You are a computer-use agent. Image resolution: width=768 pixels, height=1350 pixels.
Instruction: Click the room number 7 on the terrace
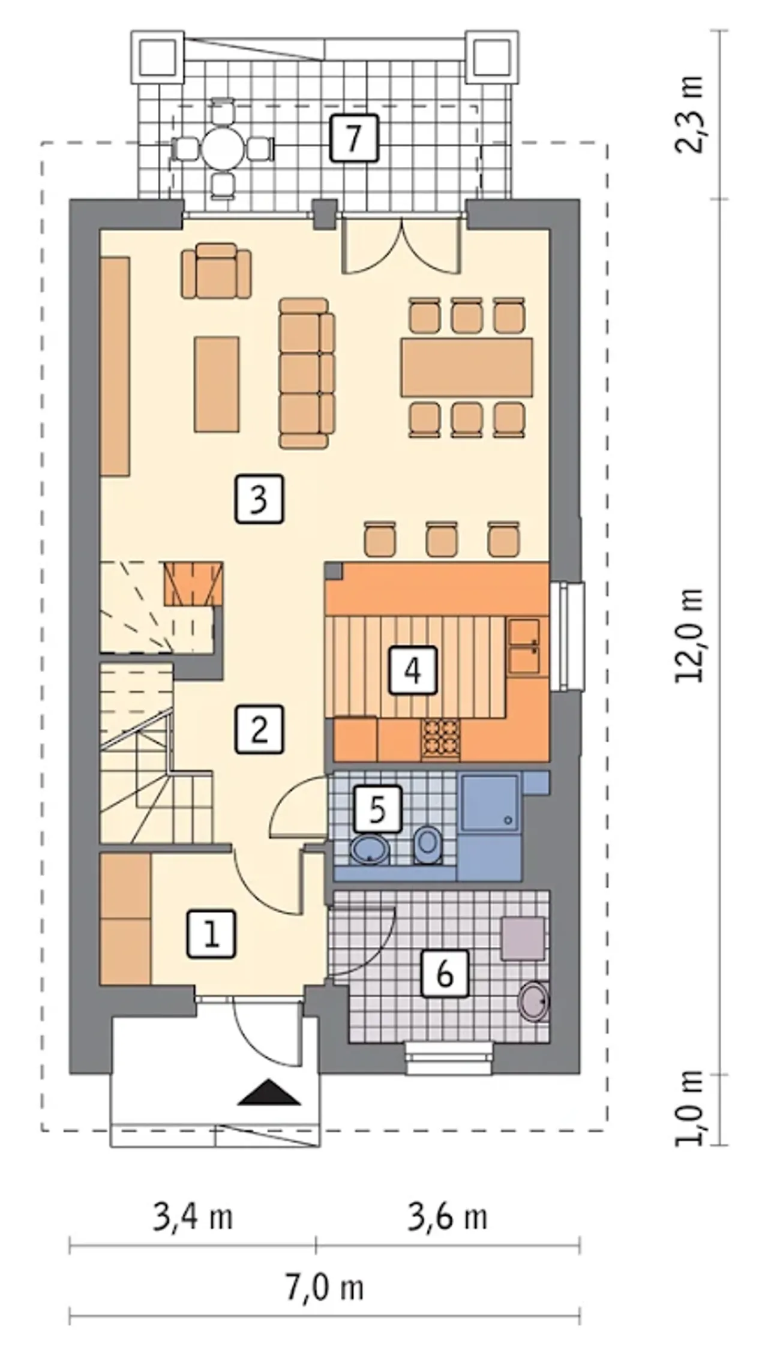click(354, 138)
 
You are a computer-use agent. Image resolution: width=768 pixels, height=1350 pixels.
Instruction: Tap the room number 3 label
click(258, 499)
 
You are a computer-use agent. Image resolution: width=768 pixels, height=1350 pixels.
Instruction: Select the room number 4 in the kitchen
click(413, 670)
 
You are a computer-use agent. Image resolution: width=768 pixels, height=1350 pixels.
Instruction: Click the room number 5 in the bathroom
click(377, 808)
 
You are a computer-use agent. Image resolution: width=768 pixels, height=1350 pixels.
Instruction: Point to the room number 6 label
click(445, 974)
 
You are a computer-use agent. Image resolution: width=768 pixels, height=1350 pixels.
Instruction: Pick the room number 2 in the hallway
click(259, 729)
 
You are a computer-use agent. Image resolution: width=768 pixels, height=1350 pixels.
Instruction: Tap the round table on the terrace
click(222, 148)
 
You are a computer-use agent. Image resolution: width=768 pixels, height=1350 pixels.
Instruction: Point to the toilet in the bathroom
click(427, 844)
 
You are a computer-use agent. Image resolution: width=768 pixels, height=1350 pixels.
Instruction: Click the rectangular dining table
click(467, 367)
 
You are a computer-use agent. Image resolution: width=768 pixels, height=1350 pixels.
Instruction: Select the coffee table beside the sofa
click(217, 384)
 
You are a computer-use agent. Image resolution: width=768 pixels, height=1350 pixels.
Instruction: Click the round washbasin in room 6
click(533, 1001)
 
